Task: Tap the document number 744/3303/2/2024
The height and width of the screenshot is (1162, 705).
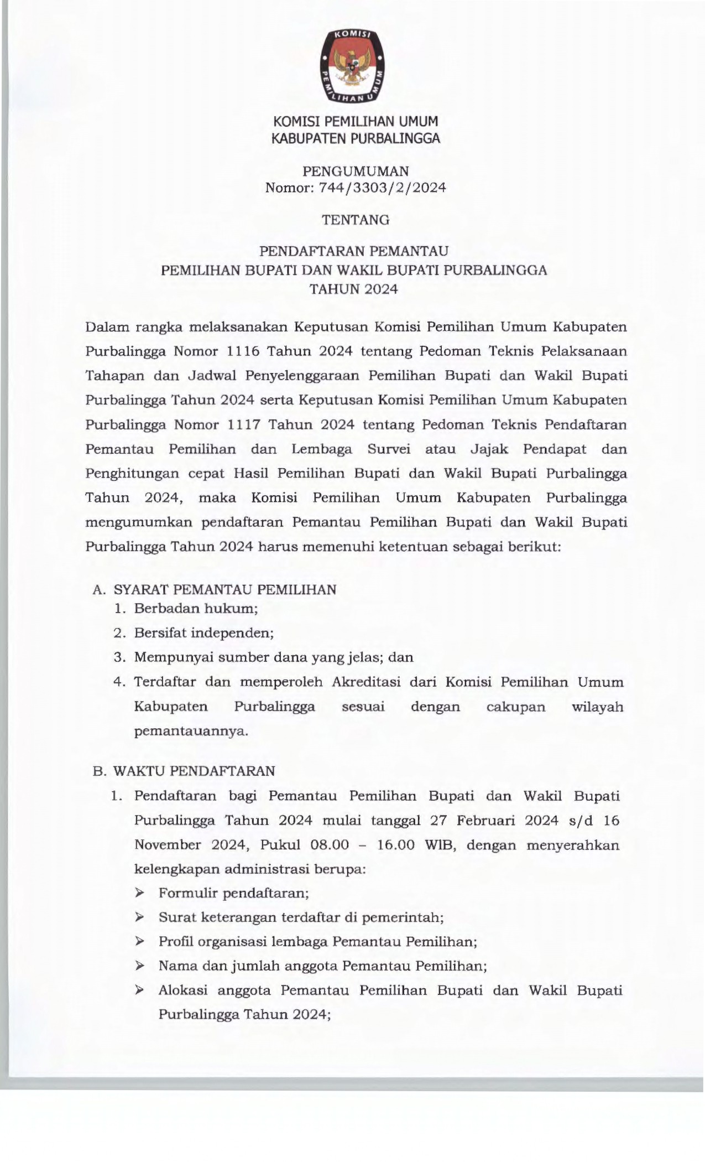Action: (382, 188)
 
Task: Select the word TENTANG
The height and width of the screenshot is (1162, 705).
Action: (356, 220)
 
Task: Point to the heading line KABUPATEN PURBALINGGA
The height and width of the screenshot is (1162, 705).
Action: (356, 138)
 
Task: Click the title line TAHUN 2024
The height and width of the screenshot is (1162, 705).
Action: (353, 289)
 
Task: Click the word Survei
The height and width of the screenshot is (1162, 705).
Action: (388, 449)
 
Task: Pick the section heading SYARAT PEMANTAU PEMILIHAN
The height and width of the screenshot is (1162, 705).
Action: (225, 590)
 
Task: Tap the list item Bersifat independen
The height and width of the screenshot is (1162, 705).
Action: (204, 633)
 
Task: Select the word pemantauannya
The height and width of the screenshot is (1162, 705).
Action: (191, 731)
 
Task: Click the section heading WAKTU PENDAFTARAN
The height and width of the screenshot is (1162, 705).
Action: (194, 771)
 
